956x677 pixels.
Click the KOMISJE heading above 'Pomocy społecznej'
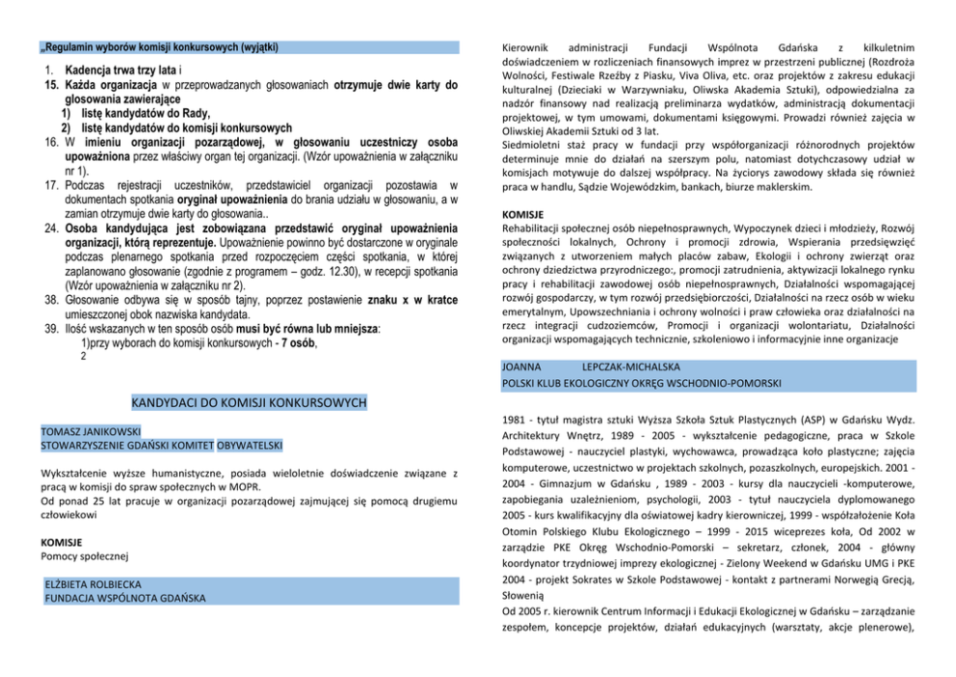click(x=61, y=542)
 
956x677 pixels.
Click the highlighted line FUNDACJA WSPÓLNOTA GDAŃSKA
click(x=125, y=598)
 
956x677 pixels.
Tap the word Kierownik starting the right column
click(x=527, y=47)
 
